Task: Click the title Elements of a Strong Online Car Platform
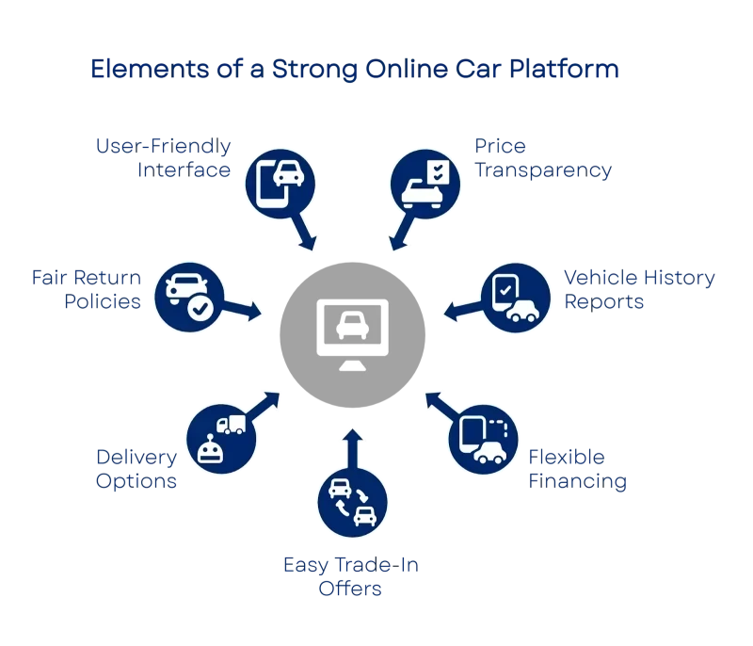click(x=356, y=71)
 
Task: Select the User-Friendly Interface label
click(x=163, y=158)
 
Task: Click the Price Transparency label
click(x=543, y=159)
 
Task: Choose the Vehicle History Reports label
click(x=639, y=289)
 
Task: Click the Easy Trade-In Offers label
click(x=350, y=576)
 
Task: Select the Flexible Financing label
click(x=577, y=470)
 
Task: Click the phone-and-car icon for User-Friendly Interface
click(x=280, y=179)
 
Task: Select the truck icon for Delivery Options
click(x=222, y=436)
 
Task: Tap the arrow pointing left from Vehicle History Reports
click(x=458, y=310)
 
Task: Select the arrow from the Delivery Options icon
click(x=264, y=400)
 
